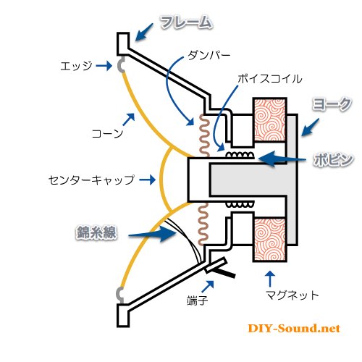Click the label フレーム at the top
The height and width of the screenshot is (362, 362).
187,22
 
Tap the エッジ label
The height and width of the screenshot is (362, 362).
76,66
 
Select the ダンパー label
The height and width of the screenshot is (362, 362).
209,56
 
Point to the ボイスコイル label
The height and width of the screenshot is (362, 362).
270,79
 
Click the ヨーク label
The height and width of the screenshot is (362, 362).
332,104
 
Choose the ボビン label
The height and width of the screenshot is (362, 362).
333,159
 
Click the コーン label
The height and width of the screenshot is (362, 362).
107,133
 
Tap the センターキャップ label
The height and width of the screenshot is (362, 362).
91,180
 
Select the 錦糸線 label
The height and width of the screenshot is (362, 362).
96,232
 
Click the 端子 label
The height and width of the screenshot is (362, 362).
198,300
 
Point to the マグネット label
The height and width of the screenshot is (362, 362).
292,295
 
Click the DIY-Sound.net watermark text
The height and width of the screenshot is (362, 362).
294,329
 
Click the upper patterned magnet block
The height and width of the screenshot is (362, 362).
270,120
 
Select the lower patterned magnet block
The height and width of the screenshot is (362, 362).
270,240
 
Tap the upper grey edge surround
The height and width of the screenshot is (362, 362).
121,65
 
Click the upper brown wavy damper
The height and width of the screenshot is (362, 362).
204,135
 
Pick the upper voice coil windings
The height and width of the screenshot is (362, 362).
240,155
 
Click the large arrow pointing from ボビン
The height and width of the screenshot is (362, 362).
282,159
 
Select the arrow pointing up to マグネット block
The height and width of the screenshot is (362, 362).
270,279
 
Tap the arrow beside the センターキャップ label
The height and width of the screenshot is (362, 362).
148,180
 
